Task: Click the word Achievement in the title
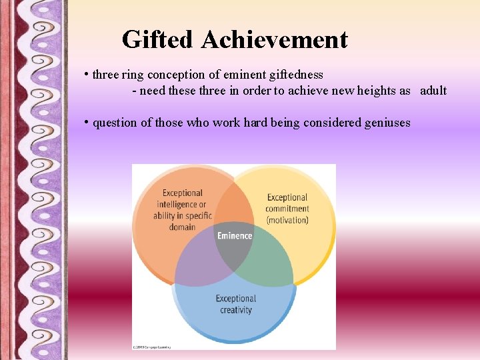click(274, 40)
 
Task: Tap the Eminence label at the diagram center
click(235, 235)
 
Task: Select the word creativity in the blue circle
click(236, 310)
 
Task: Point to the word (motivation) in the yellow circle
click(287, 220)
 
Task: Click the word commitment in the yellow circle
click(287, 209)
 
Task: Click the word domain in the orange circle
click(182, 227)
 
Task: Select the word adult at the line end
click(433, 91)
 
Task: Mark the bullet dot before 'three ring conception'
click(87, 74)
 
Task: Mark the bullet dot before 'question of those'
click(87, 122)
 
